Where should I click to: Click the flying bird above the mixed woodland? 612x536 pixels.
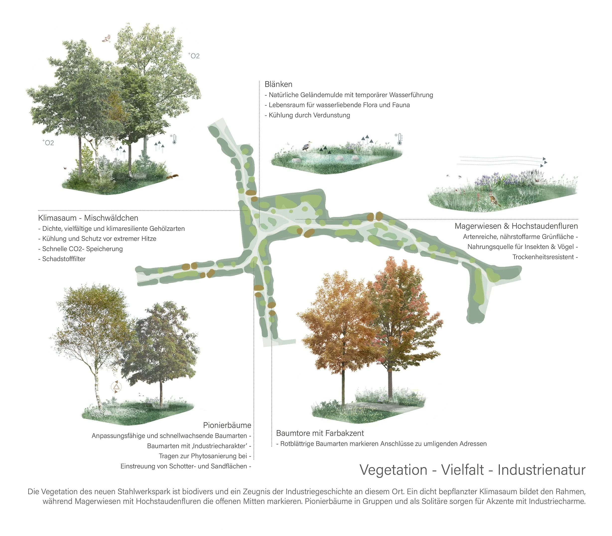click(106, 38)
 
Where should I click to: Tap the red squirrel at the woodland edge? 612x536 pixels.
click(173, 177)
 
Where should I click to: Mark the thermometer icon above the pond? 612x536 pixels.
click(400, 139)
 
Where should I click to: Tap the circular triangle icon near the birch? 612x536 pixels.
click(116, 387)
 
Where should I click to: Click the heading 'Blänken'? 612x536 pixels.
click(278, 84)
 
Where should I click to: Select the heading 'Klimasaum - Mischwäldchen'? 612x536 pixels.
click(88, 218)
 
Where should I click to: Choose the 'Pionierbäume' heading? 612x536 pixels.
click(227, 425)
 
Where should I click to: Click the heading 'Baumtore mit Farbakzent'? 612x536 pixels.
click(320, 433)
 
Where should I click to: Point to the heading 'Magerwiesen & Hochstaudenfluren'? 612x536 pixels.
click(516, 226)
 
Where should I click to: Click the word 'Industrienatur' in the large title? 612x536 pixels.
click(541, 470)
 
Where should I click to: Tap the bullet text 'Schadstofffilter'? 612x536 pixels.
click(64, 259)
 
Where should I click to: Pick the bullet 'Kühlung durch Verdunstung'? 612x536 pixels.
click(309, 115)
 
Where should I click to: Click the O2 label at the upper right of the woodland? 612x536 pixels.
click(194, 56)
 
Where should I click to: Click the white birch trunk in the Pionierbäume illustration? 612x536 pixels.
click(97, 389)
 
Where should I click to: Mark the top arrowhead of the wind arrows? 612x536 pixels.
click(544, 159)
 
